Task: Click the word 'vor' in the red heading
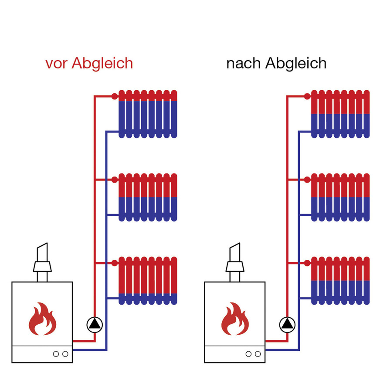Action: [57, 64]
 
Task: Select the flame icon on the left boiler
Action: [42, 319]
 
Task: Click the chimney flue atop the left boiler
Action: [42, 261]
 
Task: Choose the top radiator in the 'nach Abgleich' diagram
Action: [340, 114]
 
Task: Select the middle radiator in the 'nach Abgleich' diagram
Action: [340, 197]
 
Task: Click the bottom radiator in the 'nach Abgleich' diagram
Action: [340, 281]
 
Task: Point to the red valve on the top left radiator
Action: [115, 95]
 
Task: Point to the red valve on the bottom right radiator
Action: [307, 262]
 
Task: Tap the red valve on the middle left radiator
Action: [115, 179]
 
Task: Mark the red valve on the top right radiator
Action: [307, 95]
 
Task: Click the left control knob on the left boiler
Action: [56, 354]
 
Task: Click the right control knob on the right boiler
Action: [258, 354]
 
